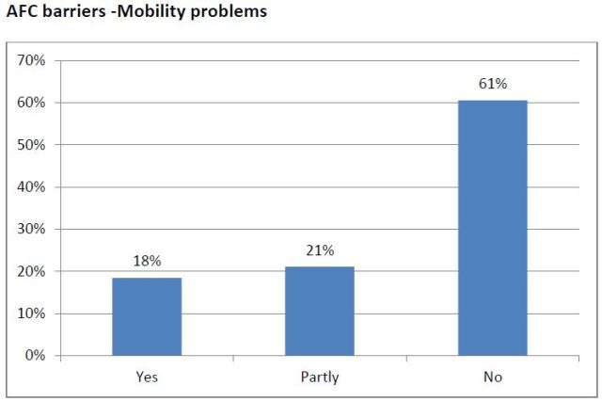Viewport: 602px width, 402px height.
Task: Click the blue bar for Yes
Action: click(147, 316)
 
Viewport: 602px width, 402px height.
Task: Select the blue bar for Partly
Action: click(320, 311)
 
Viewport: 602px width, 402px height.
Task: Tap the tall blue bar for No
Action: click(492, 227)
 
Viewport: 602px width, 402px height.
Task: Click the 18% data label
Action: click(147, 261)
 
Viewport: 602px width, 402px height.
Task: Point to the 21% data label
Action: click(320, 250)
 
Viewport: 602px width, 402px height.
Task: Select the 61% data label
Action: click(492, 84)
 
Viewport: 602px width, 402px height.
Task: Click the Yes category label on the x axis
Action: click(147, 377)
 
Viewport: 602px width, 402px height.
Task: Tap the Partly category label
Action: click(320, 377)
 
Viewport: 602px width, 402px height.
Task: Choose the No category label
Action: click(492, 377)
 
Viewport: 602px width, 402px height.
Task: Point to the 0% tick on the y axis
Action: click(33, 356)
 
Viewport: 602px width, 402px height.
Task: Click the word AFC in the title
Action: click(23, 13)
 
